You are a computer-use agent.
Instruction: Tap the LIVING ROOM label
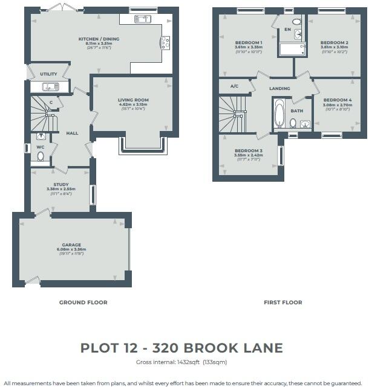pyautogui.click(x=134, y=100)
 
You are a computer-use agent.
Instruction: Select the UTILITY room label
pyautogui.click(x=48, y=74)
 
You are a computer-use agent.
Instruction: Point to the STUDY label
pyautogui.click(x=61, y=185)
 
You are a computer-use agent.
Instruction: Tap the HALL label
pyautogui.click(x=72, y=133)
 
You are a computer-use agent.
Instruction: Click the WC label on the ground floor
pyautogui.click(x=41, y=147)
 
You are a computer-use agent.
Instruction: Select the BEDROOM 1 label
pyautogui.click(x=249, y=42)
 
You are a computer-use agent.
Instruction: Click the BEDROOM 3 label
pyautogui.click(x=249, y=150)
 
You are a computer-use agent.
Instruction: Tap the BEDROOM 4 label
pyautogui.click(x=337, y=100)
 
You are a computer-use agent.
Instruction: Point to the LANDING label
pyautogui.click(x=279, y=89)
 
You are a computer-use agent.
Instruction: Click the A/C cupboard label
pyautogui.click(x=234, y=86)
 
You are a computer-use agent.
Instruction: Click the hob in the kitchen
pyautogui.click(x=164, y=42)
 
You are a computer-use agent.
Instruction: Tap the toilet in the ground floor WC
pyautogui.click(x=41, y=157)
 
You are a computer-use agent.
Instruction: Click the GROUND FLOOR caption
pyautogui.click(x=83, y=302)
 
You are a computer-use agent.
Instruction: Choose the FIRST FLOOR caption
pyautogui.click(x=282, y=302)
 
